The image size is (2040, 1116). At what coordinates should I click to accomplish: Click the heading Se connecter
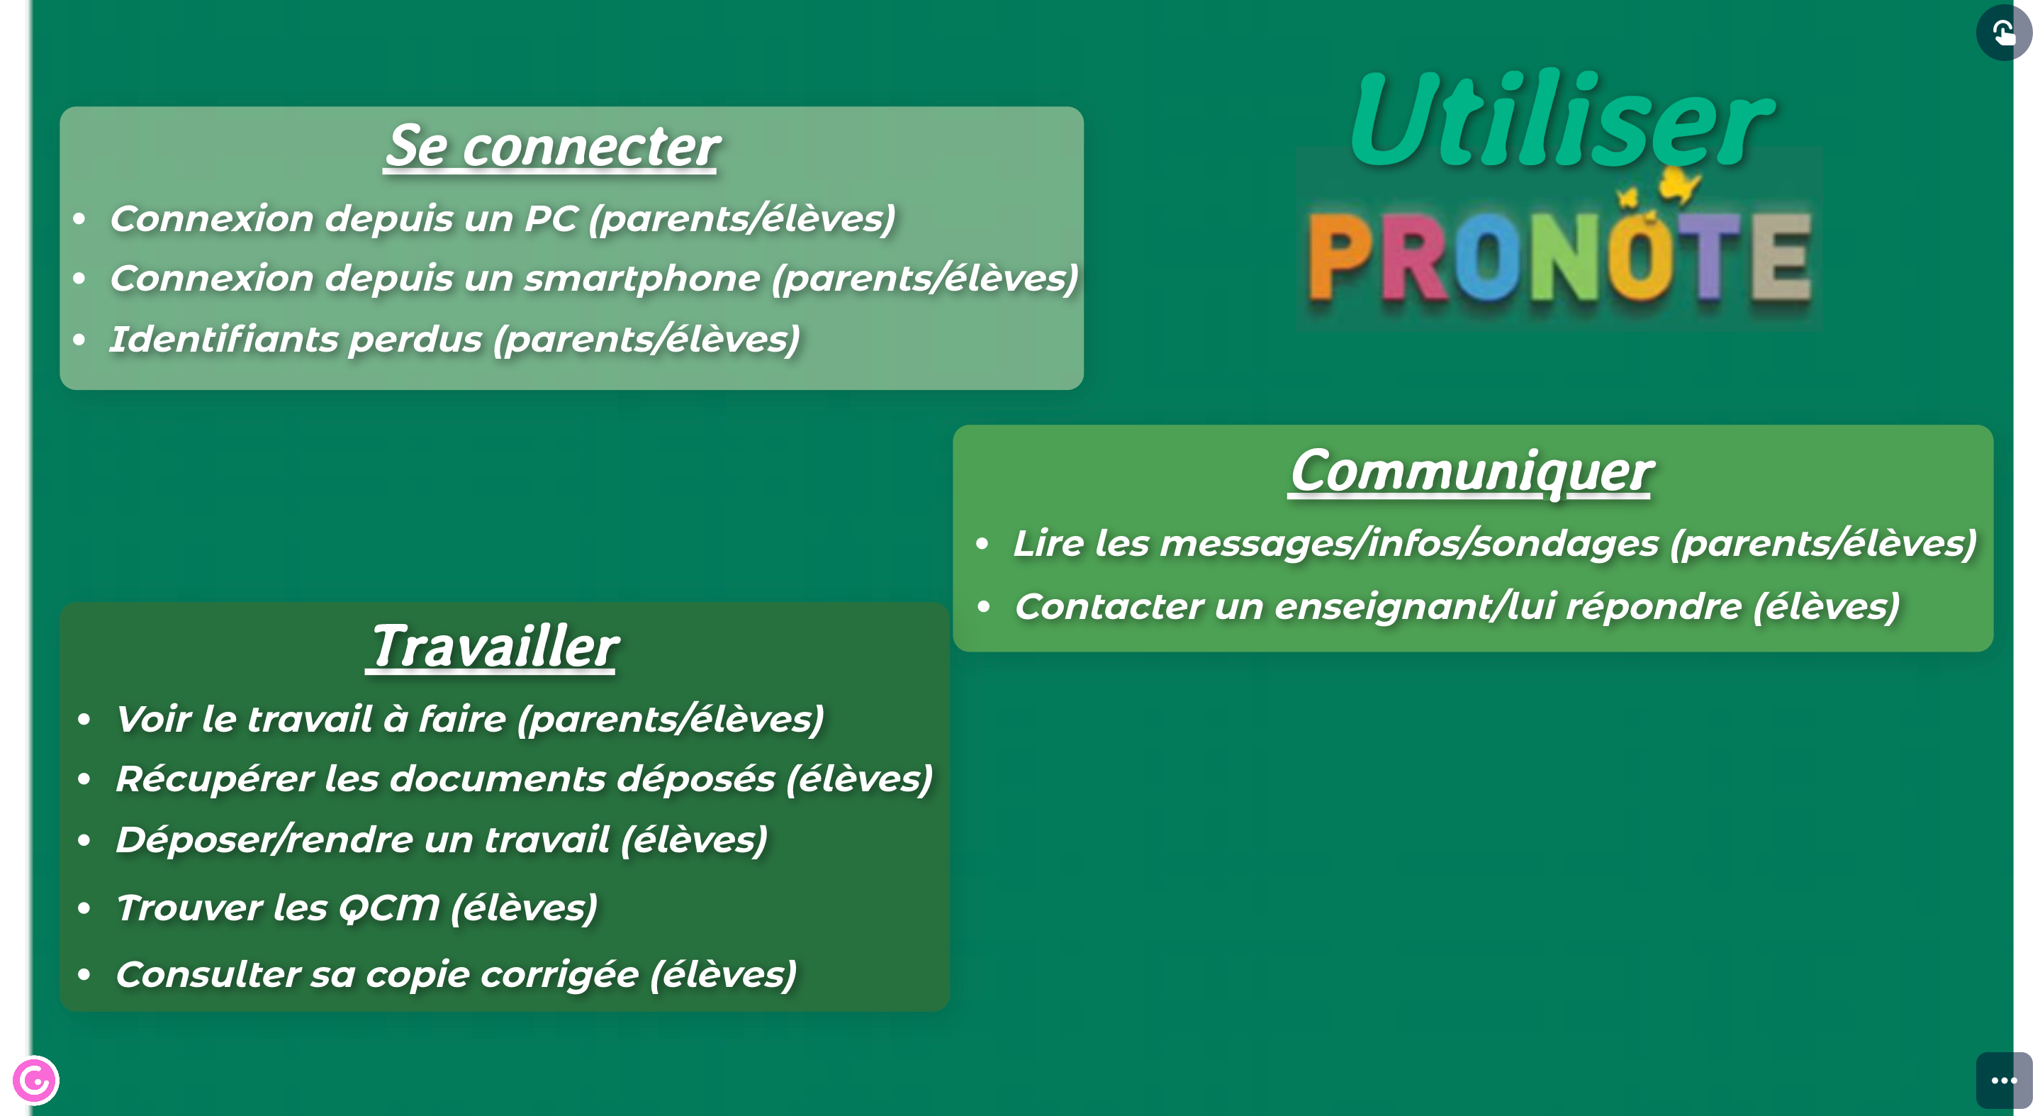[552, 147]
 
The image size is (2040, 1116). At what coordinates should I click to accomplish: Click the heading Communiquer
[1471, 472]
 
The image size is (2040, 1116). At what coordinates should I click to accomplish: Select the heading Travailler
[492, 647]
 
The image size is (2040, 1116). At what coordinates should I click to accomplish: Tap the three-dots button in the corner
[2004, 1081]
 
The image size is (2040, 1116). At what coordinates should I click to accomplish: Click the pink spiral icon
[35, 1081]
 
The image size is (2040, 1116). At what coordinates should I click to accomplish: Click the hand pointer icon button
[2004, 33]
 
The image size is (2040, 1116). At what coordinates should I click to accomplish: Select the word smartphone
[642, 279]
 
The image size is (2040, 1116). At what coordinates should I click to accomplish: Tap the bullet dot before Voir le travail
[84, 720]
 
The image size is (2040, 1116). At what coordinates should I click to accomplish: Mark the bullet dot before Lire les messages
[982, 544]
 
